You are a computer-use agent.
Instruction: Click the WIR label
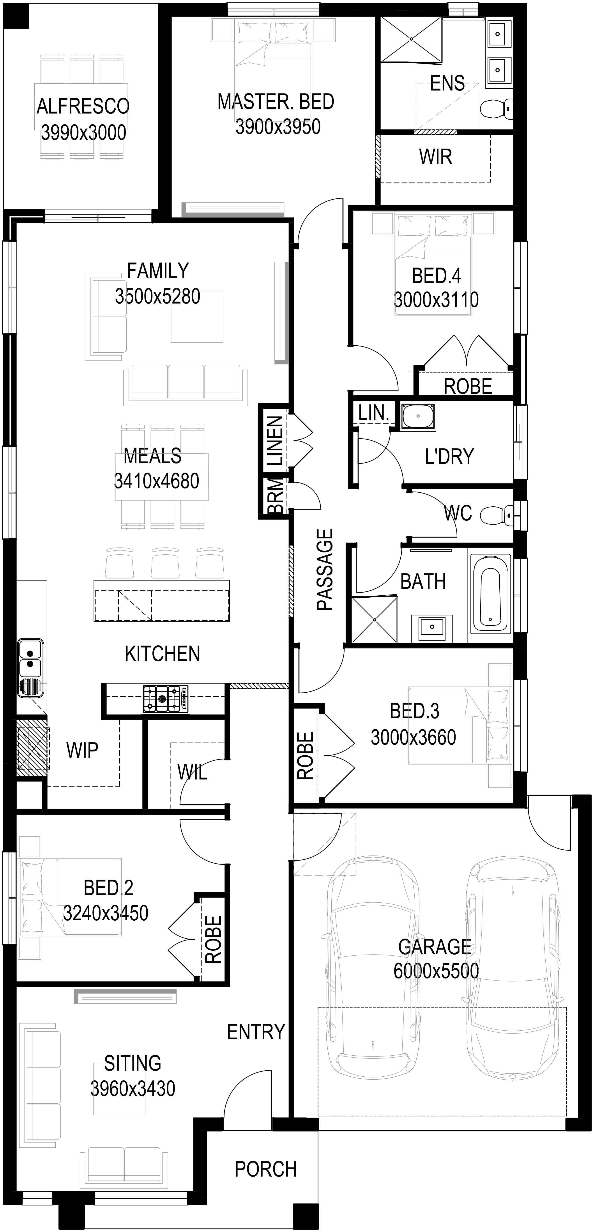435,157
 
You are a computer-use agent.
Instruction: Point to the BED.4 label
436,276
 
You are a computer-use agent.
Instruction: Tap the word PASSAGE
325,570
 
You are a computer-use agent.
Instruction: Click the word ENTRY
256,1032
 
